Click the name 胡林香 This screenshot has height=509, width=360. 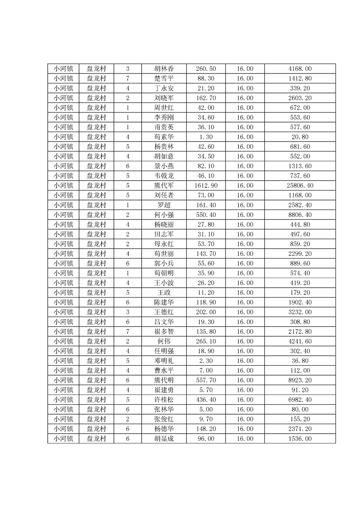pos(164,69)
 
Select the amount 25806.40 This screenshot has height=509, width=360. pos(300,186)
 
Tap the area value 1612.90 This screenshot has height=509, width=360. pos(206,186)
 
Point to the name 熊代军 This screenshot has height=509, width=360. pos(164,186)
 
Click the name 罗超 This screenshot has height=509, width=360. pos(164,205)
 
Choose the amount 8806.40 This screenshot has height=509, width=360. pos(300,215)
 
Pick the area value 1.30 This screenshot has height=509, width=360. pos(206,137)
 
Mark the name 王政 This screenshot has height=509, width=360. pos(164,293)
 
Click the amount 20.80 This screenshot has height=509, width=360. pos(300,137)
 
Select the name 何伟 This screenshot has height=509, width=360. pos(164,341)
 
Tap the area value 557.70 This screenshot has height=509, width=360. pos(206,380)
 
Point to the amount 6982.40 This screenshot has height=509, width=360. pos(300,400)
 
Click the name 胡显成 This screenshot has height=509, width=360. pos(164,439)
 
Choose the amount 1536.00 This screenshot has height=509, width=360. pos(300,439)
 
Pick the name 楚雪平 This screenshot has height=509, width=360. pos(164,78)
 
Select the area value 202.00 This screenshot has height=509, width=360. pos(206,312)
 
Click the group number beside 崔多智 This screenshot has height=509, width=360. pos(128,332)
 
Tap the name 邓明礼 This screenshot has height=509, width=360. pos(164,361)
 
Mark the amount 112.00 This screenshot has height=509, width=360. pos(300,371)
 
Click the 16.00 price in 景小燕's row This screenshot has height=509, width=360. pos(245,166)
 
